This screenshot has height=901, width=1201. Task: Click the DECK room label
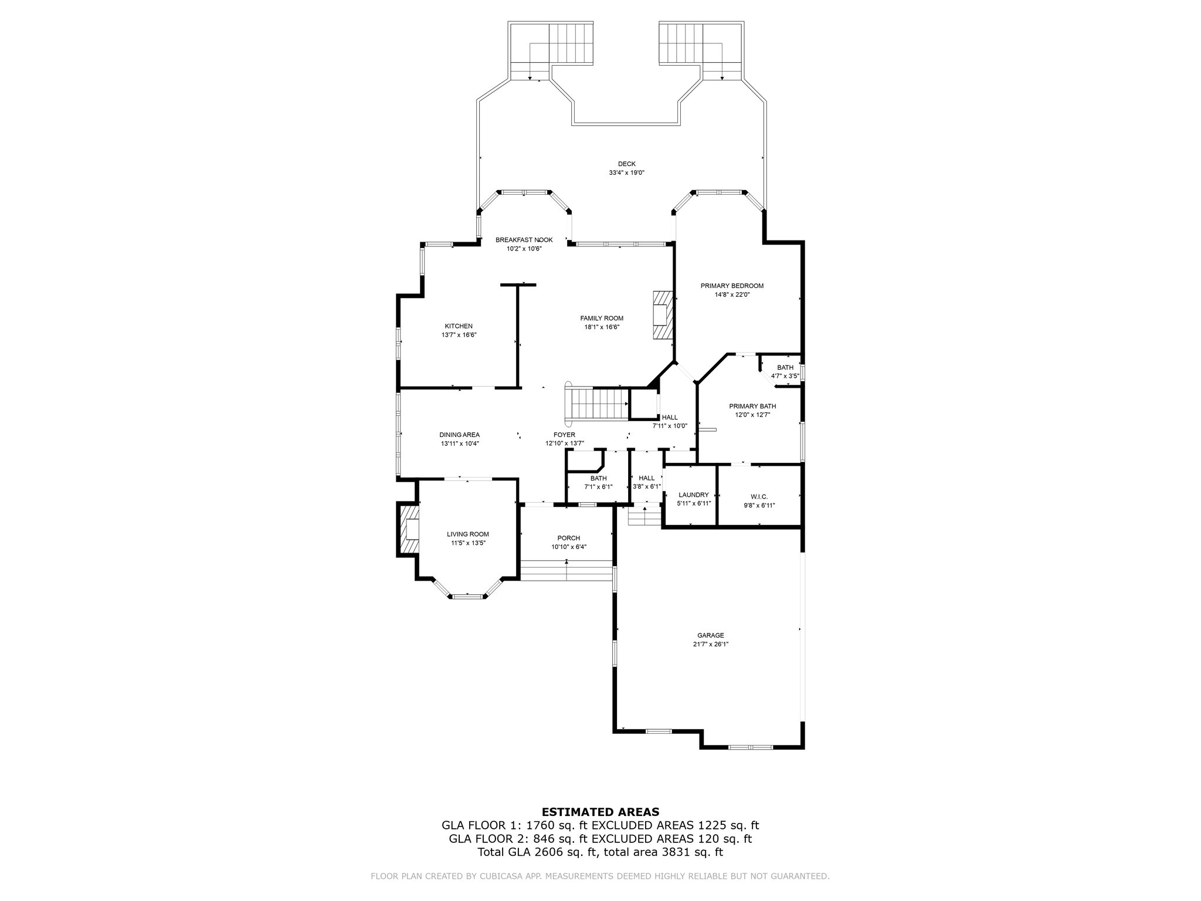tap(626, 164)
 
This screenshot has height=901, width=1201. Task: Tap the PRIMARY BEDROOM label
tap(732, 286)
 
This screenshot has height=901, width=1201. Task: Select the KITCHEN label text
tap(459, 326)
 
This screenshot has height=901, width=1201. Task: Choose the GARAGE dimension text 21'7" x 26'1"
tap(711, 643)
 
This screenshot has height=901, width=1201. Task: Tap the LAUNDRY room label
tap(694, 494)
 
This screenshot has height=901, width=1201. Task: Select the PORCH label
tap(568, 538)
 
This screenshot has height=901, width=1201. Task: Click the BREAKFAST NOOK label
tap(524, 240)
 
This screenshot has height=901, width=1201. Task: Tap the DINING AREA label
tap(460, 435)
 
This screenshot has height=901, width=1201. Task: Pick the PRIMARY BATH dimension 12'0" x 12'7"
tap(752, 414)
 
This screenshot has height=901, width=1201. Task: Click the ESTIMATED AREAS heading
tap(600, 812)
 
